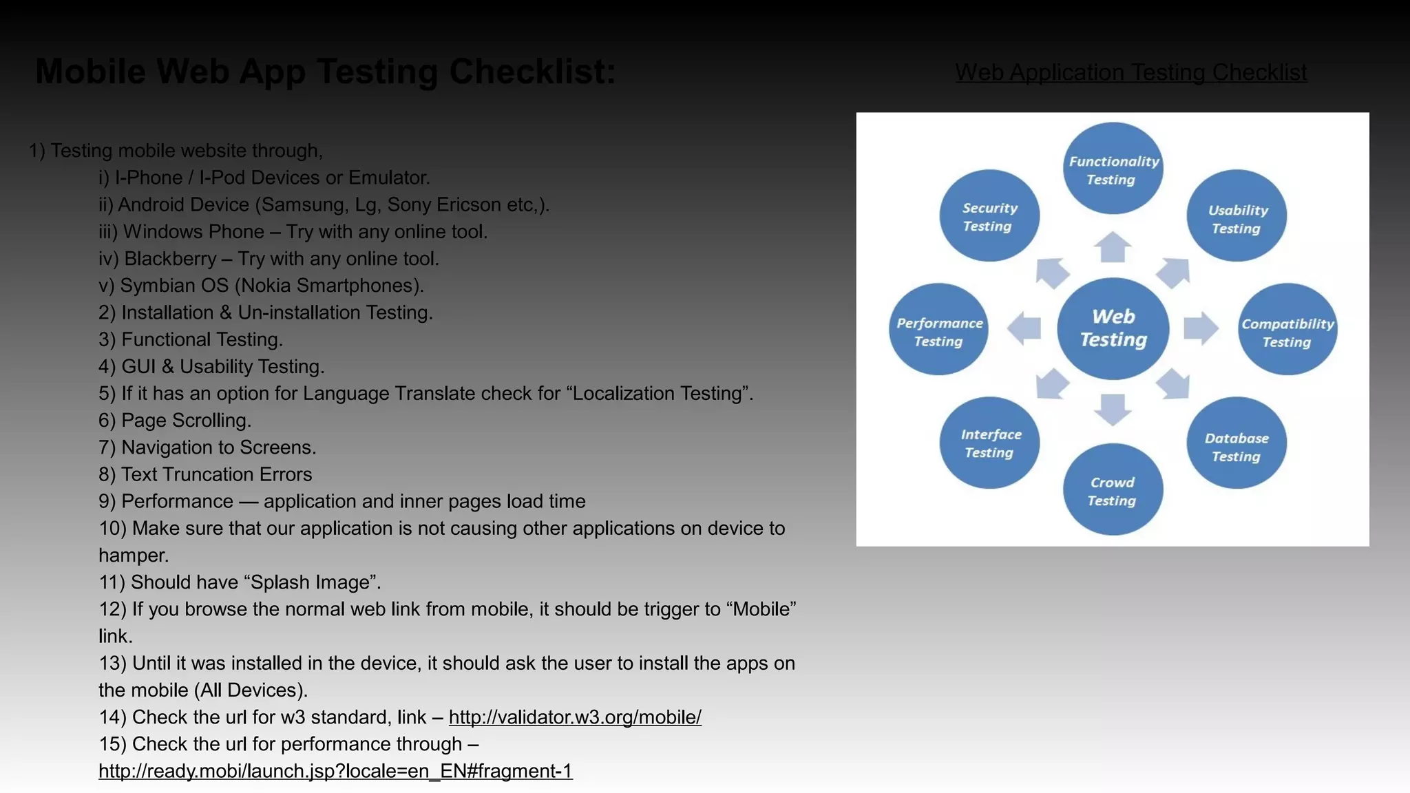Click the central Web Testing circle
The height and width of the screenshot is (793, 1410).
(1113, 328)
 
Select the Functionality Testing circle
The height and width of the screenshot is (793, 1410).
(1113, 169)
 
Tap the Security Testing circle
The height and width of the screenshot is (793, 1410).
(989, 216)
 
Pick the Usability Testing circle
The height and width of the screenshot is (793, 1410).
(1237, 216)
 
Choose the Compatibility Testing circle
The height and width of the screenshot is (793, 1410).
(1287, 330)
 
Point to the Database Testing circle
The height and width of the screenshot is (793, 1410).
(1237, 443)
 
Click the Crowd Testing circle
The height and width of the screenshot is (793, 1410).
(1113, 489)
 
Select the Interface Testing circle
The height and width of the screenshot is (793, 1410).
(989, 443)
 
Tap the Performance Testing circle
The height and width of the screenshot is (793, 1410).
(938, 330)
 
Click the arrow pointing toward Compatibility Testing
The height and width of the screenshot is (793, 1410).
(1201, 328)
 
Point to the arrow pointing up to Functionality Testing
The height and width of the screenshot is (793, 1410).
(1113, 247)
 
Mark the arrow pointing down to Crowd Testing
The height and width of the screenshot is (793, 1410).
(1113, 409)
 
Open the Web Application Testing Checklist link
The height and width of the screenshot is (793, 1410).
(1130, 72)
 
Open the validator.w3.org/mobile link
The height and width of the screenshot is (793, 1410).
(575, 717)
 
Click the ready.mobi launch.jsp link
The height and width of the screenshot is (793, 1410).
(335, 771)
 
